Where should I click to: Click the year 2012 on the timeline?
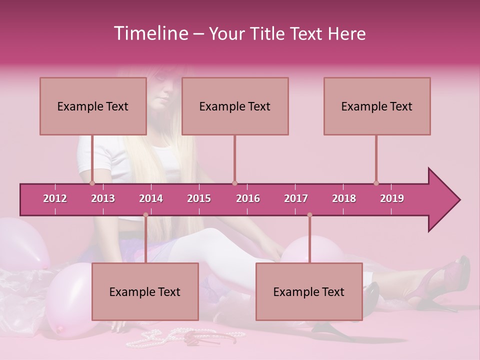tap(55, 198)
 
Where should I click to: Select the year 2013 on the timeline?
tap(103, 198)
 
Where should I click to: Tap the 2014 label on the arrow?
tap(151, 198)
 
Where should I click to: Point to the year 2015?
tap(199, 198)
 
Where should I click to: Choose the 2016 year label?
tap(248, 198)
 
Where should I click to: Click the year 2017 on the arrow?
tap(296, 198)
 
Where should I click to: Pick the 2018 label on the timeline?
tap(344, 198)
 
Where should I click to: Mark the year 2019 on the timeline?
tap(392, 198)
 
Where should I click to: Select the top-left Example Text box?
tap(93, 106)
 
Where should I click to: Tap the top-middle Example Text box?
tap(235, 106)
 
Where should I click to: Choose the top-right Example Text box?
tap(377, 106)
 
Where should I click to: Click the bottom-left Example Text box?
tap(145, 291)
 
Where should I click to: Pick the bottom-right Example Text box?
tap(309, 291)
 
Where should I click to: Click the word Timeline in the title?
tap(150, 33)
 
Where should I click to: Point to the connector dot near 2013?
tap(92, 183)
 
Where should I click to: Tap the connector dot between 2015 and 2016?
tap(234, 183)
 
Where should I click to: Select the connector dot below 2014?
tap(145, 215)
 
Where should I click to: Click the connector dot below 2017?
tap(309, 215)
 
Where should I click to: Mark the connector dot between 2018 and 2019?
tap(376, 183)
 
